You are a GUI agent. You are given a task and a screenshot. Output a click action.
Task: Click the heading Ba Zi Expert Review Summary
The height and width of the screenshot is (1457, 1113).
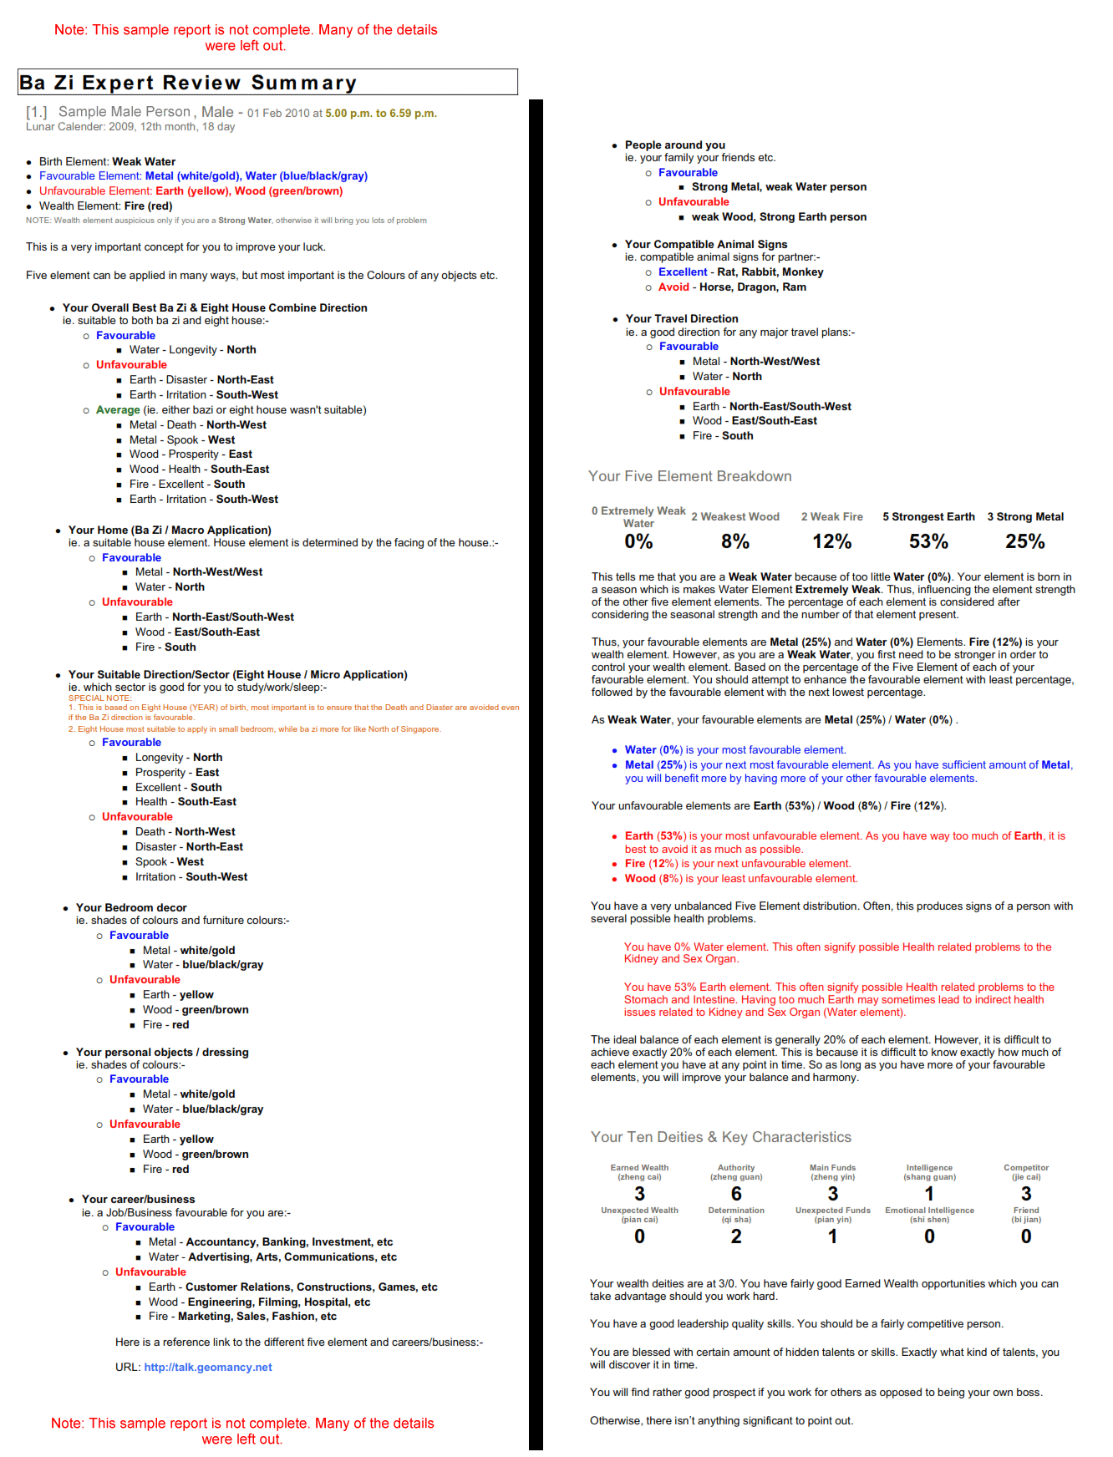coord(188,83)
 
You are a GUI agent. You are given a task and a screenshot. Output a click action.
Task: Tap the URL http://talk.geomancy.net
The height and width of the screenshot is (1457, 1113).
coord(208,1368)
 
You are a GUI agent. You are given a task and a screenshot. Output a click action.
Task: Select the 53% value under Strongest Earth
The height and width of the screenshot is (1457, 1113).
coord(928,541)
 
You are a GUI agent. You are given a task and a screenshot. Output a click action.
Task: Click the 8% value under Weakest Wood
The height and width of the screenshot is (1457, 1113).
coord(735,541)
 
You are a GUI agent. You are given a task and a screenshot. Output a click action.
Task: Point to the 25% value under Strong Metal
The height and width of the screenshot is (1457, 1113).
coord(1025,541)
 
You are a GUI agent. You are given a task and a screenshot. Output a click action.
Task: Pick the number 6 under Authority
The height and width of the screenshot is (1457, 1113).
coord(736,1194)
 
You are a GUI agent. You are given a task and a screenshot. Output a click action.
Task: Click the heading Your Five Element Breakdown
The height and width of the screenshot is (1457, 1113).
coord(689,476)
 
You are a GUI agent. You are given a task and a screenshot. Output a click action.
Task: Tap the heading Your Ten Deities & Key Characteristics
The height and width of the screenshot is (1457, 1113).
coord(720,1137)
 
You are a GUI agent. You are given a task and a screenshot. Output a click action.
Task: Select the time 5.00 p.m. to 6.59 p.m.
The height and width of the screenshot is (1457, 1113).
coord(381,114)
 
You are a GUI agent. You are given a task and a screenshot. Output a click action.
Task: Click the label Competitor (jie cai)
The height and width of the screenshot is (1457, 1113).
coord(1026,1172)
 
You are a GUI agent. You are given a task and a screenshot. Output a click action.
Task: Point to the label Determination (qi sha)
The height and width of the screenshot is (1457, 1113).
coord(736,1215)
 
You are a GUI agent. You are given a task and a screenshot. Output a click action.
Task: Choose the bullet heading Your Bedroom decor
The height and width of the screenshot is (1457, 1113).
coord(131,907)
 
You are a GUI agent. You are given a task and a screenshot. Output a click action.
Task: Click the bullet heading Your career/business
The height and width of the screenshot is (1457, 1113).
coord(138,1199)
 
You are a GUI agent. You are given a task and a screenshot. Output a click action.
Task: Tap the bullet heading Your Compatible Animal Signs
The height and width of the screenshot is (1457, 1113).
coord(706,244)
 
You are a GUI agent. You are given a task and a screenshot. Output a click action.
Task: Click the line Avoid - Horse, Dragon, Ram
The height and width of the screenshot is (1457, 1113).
coord(732,287)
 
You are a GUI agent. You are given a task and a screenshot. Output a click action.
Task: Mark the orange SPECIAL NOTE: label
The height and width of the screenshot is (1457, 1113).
coord(100,698)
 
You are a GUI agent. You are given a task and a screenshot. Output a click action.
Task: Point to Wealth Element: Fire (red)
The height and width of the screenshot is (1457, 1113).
coord(105,206)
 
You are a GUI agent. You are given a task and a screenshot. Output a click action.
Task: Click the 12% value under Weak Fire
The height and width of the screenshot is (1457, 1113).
coord(832,541)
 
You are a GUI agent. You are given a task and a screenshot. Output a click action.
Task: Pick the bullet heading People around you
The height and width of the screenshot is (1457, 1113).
coord(675,145)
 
